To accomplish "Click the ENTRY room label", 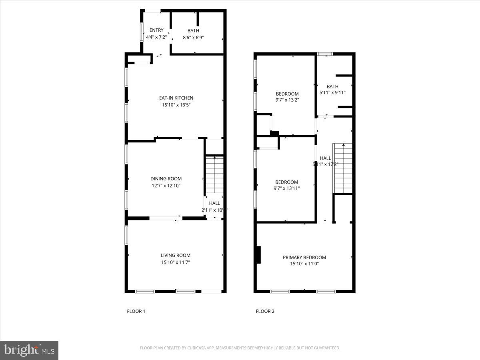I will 156,30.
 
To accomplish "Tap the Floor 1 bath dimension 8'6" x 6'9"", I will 193,37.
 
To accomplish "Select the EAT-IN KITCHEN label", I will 176,98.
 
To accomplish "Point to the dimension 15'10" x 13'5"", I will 176,105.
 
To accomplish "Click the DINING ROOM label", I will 166,179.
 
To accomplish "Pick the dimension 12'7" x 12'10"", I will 166,186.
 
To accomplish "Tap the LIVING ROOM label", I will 176,255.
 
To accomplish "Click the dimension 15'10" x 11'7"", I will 176,262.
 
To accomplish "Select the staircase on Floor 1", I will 215,175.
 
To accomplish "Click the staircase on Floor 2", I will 343,168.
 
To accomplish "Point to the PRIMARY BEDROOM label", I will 304,258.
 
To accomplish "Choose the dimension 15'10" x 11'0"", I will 304,264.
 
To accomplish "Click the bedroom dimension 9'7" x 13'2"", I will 287,100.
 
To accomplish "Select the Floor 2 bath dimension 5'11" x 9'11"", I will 332,93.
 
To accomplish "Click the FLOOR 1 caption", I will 136,311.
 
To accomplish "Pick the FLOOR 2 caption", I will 265,311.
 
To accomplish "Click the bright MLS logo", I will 29,350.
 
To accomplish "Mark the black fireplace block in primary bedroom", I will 258,255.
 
